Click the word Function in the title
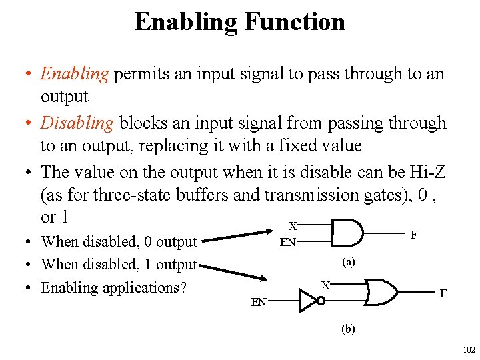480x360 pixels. click(x=295, y=22)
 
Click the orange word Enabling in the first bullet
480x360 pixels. click(x=75, y=73)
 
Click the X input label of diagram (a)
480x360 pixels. click(x=292, y=226)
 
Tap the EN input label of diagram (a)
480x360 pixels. click(x=287, y=242)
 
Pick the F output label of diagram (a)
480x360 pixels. click(x=414, y=235)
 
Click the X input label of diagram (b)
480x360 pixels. click(x=326, y=285)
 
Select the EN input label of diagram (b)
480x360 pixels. click(x=259, y=302)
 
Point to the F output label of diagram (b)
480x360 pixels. click(x=443, y=293)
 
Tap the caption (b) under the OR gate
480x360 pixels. click(x=348, y=328)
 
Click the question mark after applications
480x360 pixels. click(x=182, y=288)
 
